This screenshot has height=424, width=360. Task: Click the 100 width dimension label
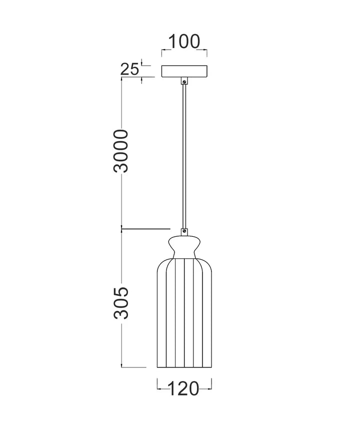click(x=184, y=42)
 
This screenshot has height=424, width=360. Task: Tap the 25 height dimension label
click(x=129, y=69)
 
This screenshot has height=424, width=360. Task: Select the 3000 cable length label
click(x=120, y=151)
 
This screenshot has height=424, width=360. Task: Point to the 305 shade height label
click(x=120, y=303)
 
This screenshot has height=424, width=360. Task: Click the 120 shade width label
click(x=183, y=388)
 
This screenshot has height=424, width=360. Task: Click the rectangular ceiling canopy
click(x=184, y=72)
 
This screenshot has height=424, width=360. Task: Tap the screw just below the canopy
click(x=184, y=81)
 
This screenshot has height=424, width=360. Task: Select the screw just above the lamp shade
click(x=184, y=231)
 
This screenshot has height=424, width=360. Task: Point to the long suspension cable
click(x=184, y=156)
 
